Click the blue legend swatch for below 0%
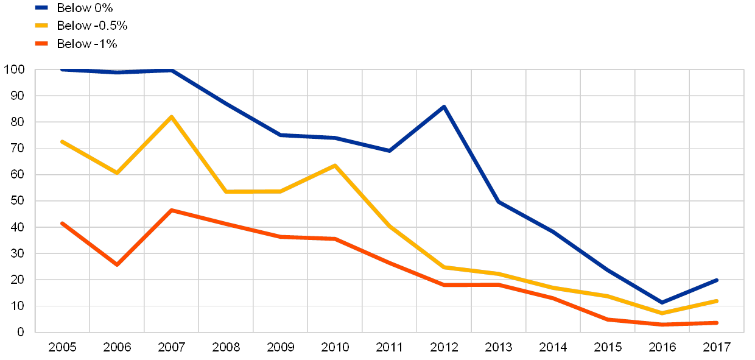tap(41, 8)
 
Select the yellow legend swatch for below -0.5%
tap(41, 26)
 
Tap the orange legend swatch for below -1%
tap(41, 43)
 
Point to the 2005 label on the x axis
tap(62, 347)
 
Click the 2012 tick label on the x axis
tap(444, 347)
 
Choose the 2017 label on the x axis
tap(717, 347)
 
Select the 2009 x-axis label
tap(280, 347)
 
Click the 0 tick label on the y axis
tap(22, 333)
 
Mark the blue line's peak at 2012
tap(444, 107)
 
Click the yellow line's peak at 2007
tap(172, 116)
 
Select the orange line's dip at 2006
tap(117, 265)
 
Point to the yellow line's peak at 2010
tap(335, 165)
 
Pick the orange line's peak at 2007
tap(172, 210)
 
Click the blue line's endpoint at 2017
tap(717, 280)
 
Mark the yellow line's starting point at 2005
tap(62, 141)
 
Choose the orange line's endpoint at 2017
tap(717, 323)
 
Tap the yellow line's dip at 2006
tap(117, 173)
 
